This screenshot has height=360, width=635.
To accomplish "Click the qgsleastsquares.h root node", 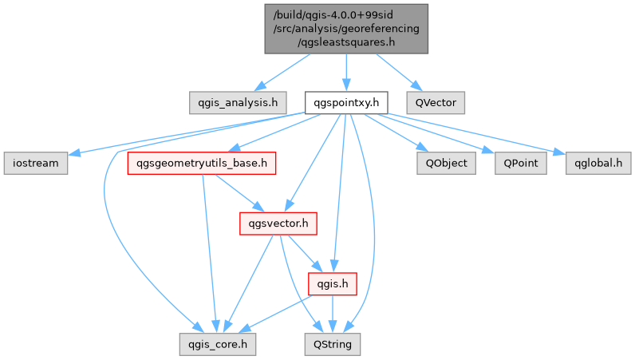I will (346, 29).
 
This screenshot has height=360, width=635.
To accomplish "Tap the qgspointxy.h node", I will (346, 102).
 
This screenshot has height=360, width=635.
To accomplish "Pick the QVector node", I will (436, 102).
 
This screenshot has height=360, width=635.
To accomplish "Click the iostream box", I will (36, 163).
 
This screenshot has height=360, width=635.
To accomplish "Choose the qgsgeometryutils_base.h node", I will (203, 164).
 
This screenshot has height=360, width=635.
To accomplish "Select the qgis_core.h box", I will (218, 344).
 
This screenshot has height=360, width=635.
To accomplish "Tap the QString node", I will (333, 344).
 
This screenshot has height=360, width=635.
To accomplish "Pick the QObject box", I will (447, 163).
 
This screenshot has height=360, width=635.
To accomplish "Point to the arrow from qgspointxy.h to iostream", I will (191, 133).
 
